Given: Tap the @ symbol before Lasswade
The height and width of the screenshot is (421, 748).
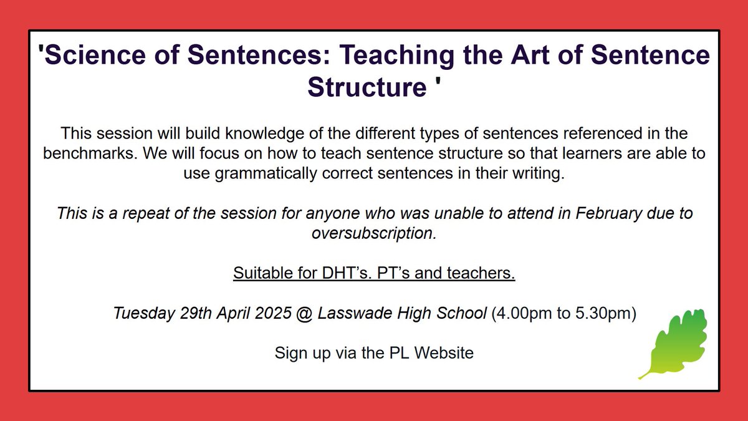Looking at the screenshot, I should coord(305,313).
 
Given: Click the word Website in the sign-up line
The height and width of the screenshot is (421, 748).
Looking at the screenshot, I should coord(444,353).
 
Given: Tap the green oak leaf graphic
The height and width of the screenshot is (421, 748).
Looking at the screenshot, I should coord(674,342).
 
